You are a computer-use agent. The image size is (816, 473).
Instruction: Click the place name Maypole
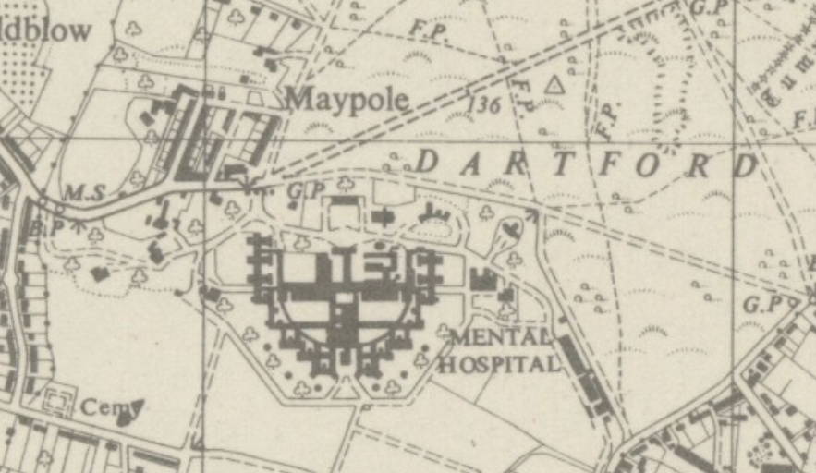pos(347,98)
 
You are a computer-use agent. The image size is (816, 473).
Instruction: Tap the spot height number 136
pos(483,104)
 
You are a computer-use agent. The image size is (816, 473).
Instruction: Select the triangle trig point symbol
pos(554,86)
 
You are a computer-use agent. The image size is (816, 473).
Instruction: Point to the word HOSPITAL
pos(499,362)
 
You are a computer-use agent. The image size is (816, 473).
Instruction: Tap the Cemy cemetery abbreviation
pos(100,406)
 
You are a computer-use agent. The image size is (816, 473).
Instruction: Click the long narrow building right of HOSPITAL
pos(587,380)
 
